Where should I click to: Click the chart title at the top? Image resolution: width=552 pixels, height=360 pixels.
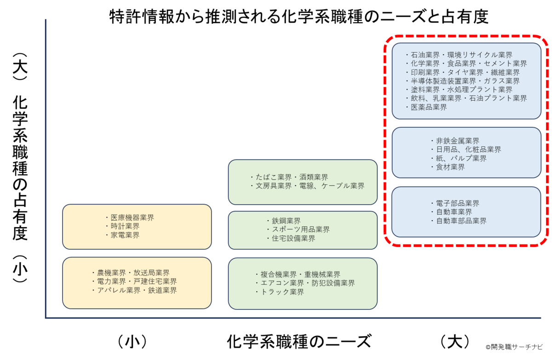point(299,17)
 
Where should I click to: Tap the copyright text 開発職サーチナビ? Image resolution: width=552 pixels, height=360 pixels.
point(514,347)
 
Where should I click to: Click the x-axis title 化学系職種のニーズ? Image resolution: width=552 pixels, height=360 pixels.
point(299,342)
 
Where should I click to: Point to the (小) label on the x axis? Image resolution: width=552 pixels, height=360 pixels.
point(132,342)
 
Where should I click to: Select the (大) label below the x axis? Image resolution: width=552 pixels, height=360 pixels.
point(455,342)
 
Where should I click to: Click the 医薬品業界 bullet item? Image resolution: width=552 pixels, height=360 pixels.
point(429,107)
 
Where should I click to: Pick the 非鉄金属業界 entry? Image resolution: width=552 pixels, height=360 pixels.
point(457,141)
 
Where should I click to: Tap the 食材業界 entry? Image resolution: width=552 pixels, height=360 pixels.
point(450,167)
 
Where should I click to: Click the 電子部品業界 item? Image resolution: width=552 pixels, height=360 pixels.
point(457,203)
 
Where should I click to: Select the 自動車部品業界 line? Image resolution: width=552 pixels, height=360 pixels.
point(461,221)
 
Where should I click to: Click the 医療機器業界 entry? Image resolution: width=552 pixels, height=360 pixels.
point(132,217)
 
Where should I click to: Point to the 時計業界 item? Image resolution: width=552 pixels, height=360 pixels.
point(125,226)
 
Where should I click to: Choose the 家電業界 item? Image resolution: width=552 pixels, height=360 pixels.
point(125,235)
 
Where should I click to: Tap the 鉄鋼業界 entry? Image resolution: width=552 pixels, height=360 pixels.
point(286,221)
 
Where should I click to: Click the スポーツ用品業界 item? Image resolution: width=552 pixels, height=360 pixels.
point(301,229)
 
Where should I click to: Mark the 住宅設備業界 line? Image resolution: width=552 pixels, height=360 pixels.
point(293,238)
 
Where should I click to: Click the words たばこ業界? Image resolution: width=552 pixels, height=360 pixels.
point(274,177)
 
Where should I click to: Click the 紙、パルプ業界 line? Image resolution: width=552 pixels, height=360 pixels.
point(461,158)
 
